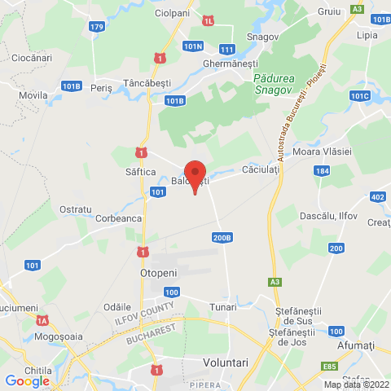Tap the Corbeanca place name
tap(119, 218)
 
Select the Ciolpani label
tap(172, 14)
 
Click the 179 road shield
tap(97, 27)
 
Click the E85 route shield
tap(330, 367)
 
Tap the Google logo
tap(27, 380)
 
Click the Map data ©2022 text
tap(357, 384)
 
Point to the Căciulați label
tap(261, 170)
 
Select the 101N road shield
tap(192, 47)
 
